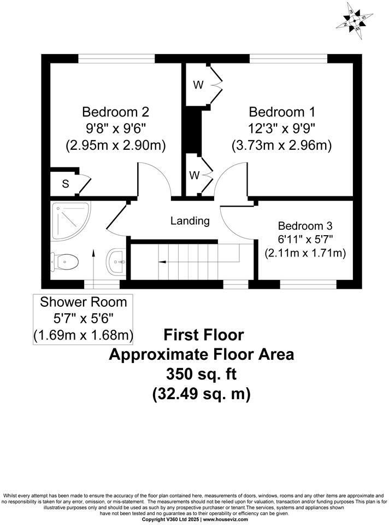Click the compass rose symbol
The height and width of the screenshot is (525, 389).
(354, 20)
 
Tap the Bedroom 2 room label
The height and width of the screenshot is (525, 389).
(115, 112)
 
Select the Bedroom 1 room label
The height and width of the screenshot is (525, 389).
(282, 112)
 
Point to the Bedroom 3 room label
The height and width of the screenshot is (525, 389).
(305, 226)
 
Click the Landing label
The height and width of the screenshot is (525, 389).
(190, 220)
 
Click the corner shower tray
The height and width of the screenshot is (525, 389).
(70, 221)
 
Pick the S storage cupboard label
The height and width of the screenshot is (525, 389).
(66, 184)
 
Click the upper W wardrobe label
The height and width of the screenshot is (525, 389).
(198, 85)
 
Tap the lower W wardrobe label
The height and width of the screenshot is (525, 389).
(194, 175)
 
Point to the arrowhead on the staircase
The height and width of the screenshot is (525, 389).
(162, 262)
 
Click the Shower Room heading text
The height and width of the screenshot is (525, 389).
(83, 302)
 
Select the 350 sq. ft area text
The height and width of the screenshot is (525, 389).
(202, 374)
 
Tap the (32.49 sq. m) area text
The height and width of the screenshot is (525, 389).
(202, 394)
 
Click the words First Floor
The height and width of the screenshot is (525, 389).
(203, 335)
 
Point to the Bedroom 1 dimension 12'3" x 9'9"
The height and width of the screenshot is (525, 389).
(282, 128)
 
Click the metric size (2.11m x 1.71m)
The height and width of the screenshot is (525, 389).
(305, 253)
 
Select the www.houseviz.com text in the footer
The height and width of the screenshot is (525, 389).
(226, 520)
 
